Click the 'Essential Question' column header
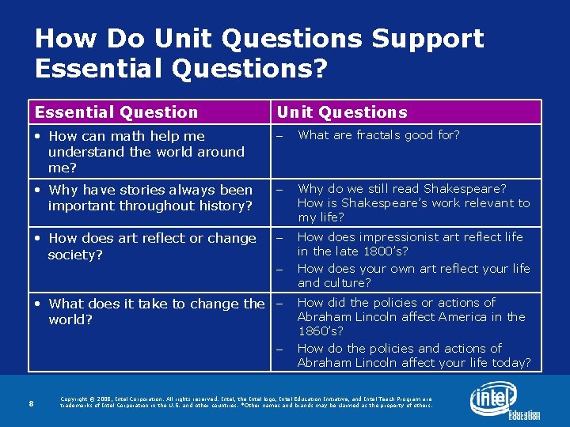116,112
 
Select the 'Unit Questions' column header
342,112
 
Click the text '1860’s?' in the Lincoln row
321,331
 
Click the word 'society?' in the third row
76,255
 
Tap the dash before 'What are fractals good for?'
279,136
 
